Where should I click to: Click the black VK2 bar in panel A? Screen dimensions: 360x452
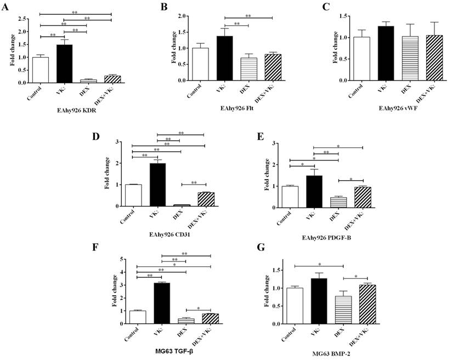click(64, 64)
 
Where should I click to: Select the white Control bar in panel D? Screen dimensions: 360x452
click(133, 195)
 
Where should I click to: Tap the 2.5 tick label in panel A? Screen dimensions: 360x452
click(22, 19)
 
